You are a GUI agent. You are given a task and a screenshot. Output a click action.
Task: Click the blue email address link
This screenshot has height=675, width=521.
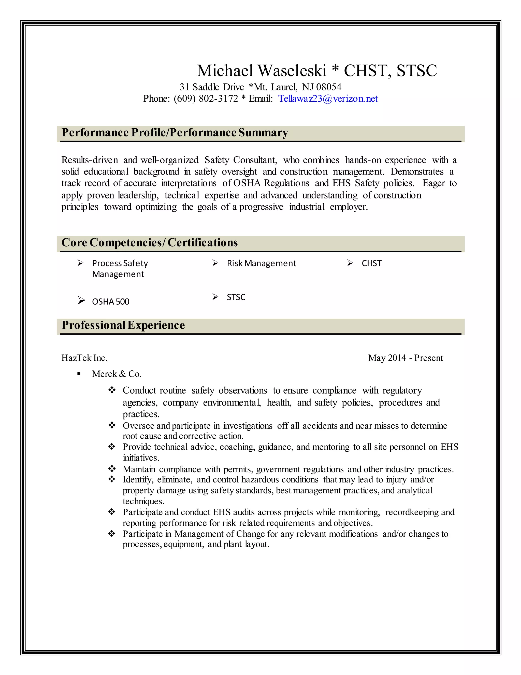click(x=328, y=99)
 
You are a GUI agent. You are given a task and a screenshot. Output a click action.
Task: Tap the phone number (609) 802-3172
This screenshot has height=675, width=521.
click(x=206, y=99)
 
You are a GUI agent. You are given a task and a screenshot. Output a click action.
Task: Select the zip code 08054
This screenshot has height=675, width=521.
click(x=329, y=87)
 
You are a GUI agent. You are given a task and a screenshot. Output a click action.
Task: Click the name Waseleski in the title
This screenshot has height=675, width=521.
click(x=292, y=71)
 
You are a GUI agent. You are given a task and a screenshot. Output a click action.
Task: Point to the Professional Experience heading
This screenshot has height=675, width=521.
click(x=123, y=325)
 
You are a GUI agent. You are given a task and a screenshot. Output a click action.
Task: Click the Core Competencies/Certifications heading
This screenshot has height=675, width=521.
click(x=149, y=242)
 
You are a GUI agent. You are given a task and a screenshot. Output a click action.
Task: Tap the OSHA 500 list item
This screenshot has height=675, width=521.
click(x=110, y=302)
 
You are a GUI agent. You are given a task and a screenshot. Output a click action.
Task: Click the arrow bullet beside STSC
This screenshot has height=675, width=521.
click(x=215, y=297)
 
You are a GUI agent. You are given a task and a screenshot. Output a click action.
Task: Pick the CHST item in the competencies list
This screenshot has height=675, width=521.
click(x=371, y=263)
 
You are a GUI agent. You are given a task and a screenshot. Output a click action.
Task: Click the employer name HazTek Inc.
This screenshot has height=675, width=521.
click(x=84, y=358)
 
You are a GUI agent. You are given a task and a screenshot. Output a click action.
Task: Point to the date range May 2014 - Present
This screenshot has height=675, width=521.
click(x=405, y=358)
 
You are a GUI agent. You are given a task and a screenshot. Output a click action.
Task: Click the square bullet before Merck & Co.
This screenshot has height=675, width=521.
click(x=79, y=374)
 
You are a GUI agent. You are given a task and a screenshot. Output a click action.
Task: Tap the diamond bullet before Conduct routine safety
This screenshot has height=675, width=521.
click(x=112, y=390)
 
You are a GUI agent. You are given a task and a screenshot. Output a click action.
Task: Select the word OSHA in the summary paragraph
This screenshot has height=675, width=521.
click(x=247, y=183)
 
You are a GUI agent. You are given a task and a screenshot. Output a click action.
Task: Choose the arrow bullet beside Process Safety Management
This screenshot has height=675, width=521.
click(x=81, y=263)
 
